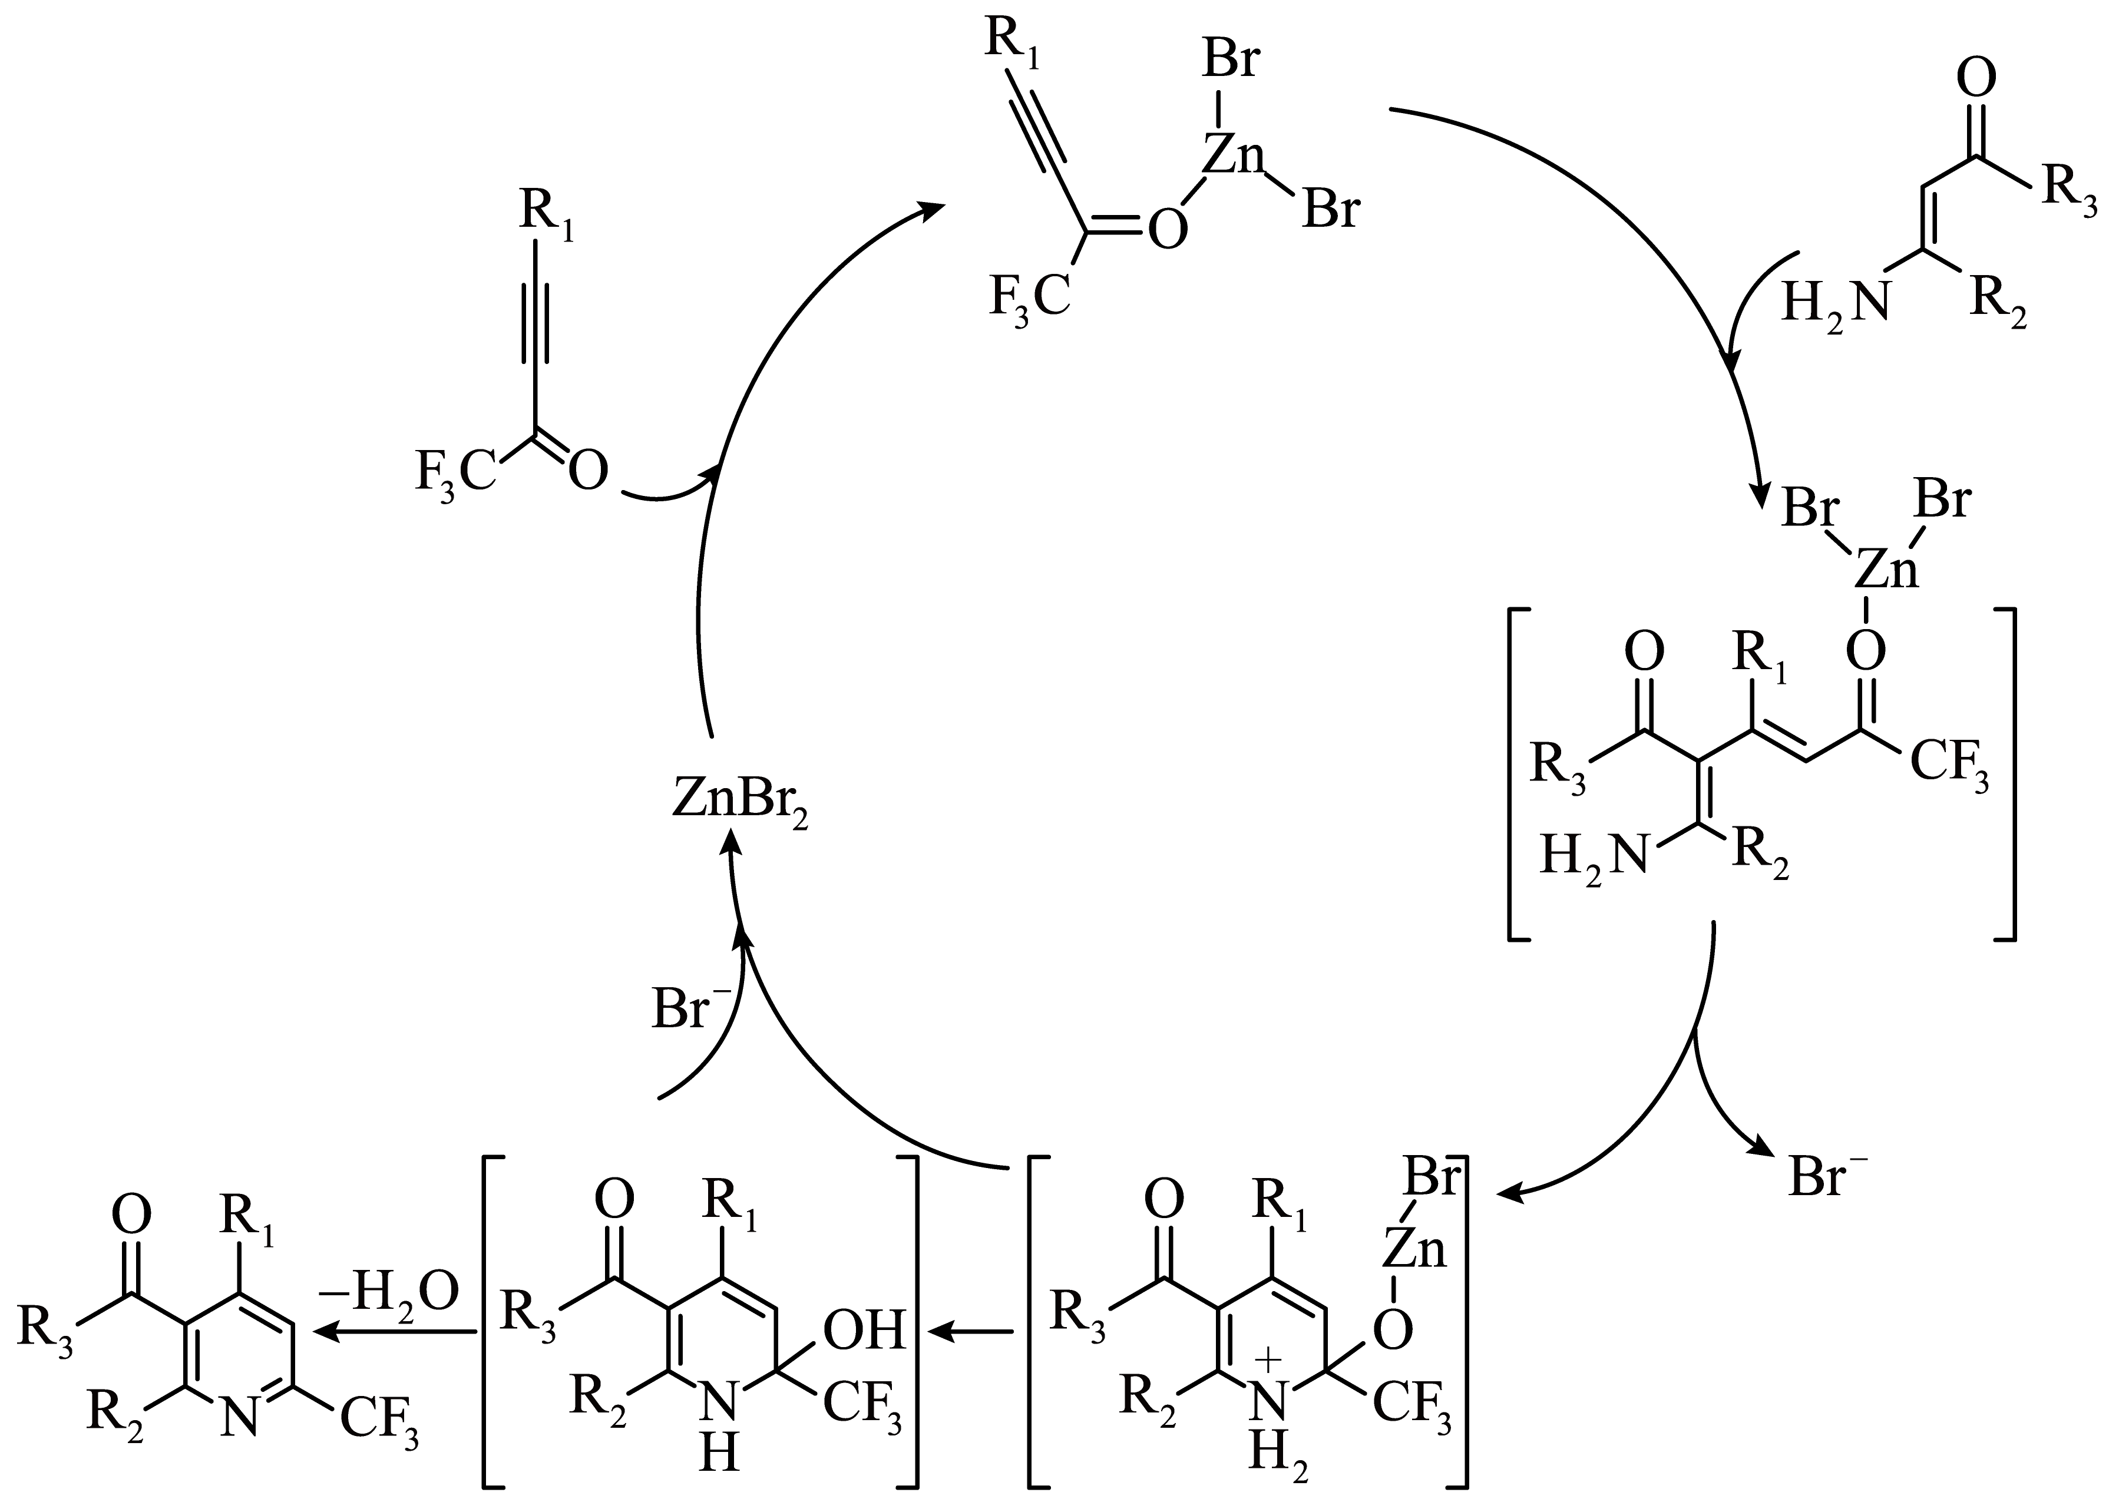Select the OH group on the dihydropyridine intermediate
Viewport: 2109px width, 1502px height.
[x=863, y=1332]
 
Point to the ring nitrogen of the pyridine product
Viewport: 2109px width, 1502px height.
[x=240, y=1417]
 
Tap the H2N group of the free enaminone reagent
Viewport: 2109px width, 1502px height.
[x=1834, y=302]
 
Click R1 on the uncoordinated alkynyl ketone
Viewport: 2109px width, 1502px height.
[x=546, y=214]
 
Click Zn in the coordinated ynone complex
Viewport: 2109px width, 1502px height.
[x=1232, y=157]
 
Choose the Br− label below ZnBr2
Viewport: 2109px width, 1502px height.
[x=691, y=1009]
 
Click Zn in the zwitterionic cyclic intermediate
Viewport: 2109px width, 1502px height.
[x=1415, y=1250]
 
